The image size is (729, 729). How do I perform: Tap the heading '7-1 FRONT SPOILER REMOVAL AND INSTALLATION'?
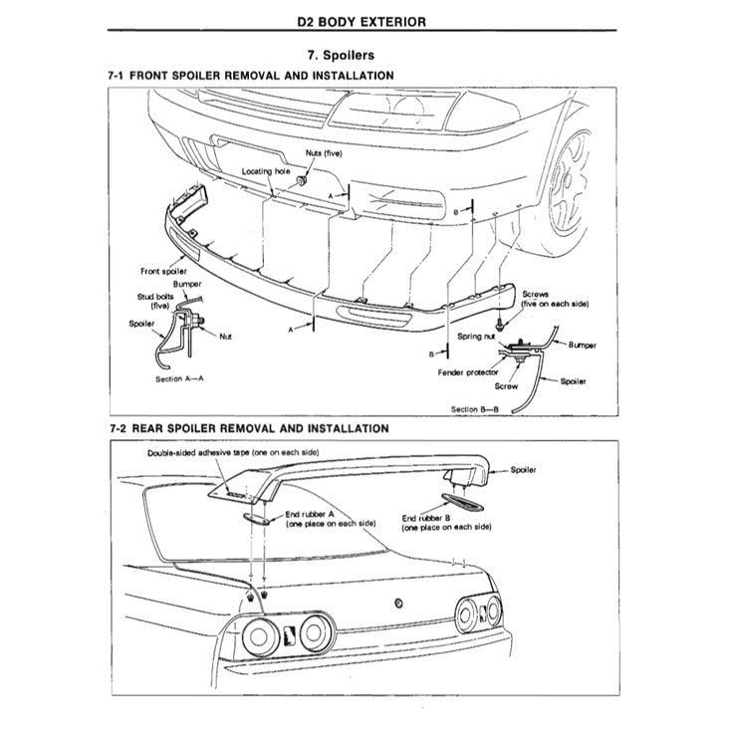click(250, 76)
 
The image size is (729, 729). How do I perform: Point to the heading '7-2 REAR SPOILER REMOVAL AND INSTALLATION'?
click(248, 428)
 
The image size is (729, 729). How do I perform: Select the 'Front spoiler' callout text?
click(164, 271)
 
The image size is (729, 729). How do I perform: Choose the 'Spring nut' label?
click(477, 338)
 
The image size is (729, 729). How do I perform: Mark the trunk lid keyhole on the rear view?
click(398, 602)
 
